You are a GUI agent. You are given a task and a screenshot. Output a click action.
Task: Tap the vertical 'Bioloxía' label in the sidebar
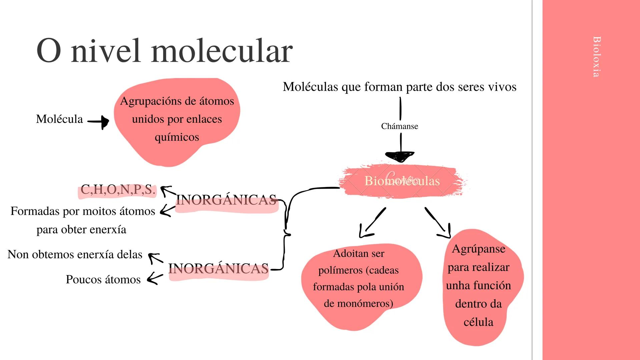point(597,57)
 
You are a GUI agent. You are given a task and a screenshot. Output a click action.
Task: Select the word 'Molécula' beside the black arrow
point(59,119)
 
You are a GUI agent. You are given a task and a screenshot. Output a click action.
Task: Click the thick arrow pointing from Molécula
point(99,122)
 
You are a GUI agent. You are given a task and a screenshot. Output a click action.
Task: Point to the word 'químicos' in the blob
point(177,137)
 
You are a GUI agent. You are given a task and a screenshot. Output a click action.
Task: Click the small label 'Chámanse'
point(399,126)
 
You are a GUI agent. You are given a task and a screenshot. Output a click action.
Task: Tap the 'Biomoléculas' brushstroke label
point(402,181)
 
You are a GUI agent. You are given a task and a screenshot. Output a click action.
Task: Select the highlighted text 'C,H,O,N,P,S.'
point(118,190)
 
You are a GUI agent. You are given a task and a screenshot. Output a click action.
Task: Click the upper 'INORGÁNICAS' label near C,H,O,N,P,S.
point(226,200)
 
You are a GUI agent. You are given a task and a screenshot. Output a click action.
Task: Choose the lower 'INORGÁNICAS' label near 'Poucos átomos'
point(218,269)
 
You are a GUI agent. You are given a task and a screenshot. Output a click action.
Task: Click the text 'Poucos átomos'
point(103,279)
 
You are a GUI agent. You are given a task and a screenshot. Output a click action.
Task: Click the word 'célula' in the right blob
point(478,322)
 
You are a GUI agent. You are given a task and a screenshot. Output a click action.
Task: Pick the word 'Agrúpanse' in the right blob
point(479,249)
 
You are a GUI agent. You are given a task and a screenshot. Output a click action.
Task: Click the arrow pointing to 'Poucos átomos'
point(154,278)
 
